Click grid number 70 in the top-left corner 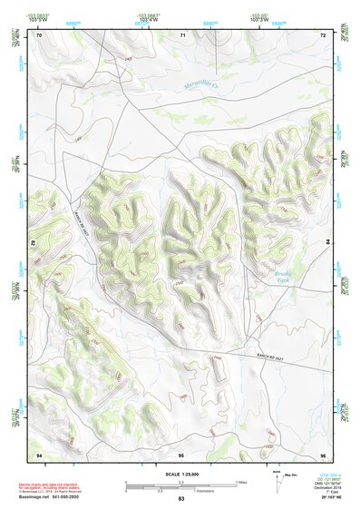pos(39,34)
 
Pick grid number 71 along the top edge pos(182,34)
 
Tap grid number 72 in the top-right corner pos(323,34)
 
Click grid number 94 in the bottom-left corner pos(38,454)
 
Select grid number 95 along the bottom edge pos(181,454)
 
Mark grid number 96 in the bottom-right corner pos(323,454)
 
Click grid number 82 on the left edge pos(34,243)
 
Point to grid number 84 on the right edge pos(327,243)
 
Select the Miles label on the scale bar pos(242,482)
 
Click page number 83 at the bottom pos(181,500)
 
